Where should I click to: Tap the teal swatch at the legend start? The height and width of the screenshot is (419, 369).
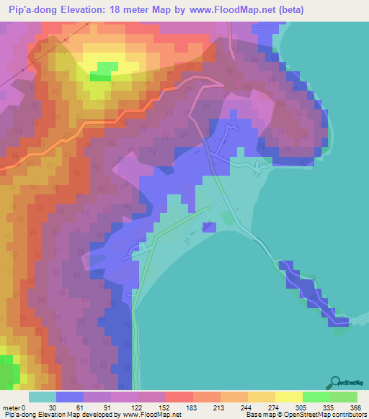coord(43,397)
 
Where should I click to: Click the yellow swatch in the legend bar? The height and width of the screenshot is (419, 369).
coord(289,397)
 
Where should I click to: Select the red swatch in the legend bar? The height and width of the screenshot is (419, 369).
coord(179,397)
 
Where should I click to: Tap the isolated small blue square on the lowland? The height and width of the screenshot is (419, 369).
coord(209,227)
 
